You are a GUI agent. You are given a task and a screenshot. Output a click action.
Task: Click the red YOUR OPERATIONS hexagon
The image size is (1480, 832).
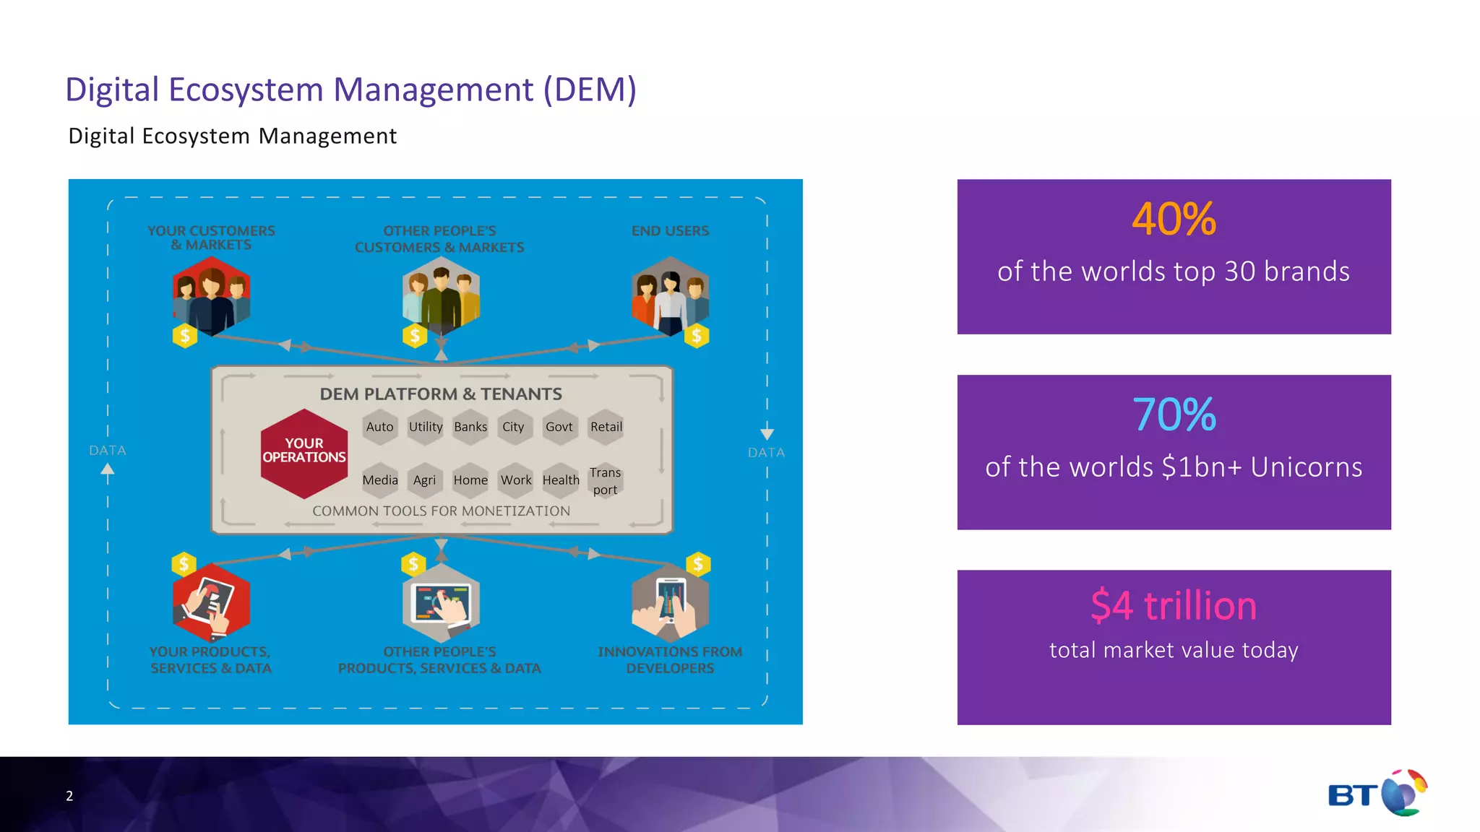(304, 453)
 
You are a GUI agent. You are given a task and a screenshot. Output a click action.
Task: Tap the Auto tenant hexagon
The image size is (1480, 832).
(379, 427)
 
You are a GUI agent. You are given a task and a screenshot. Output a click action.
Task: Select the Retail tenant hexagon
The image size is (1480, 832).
(606, 427)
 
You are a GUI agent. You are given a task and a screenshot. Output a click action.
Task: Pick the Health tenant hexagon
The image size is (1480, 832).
(561, 480)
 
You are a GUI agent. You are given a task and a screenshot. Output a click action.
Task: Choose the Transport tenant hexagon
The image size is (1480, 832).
(605, 481)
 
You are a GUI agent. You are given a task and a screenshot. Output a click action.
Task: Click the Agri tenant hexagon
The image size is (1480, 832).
(424, 480)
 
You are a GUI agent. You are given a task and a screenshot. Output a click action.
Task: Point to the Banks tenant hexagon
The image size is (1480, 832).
(470, 427)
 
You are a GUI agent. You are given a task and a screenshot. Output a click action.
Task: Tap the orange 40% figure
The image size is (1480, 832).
(1174, 219)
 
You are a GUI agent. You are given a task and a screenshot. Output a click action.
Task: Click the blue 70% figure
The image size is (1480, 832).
(1174, 415)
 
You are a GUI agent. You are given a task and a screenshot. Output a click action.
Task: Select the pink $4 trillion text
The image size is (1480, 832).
(1174, 605)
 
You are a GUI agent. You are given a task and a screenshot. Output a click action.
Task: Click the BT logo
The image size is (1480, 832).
(1377, 794)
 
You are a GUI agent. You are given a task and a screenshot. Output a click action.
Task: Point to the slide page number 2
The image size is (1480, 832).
(69, 796)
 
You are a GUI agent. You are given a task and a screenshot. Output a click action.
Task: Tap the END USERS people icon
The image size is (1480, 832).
(670, 297)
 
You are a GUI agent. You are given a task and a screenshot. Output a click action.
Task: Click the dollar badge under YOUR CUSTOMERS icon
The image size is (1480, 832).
(185, 336)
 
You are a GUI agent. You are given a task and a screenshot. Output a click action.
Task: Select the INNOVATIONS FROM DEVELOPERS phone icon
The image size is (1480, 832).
(670, 603)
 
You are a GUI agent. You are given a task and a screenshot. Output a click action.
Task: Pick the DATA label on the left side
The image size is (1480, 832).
(108, 451)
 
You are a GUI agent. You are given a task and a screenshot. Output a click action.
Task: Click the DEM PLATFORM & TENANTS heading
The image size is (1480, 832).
(441, 394)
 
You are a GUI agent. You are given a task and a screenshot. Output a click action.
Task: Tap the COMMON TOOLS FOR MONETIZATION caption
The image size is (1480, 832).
(441, 511)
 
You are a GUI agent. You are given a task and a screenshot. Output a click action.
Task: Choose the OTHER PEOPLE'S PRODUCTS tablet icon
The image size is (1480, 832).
(441, 604)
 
